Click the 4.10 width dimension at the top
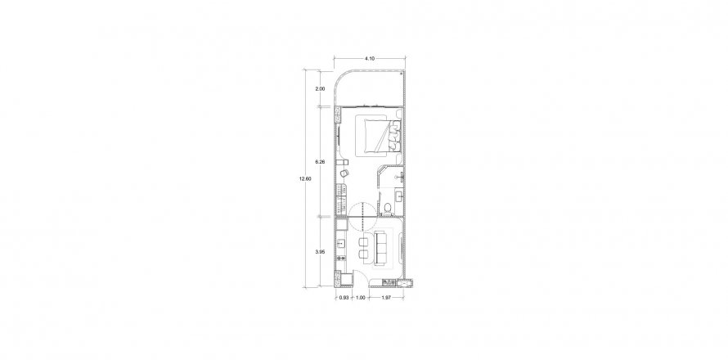pyautogui.click(x=370, y=59)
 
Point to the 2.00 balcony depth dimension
pyautogui.click(x=320, y=88)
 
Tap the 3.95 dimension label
pyautogui.click(x=320, y=252)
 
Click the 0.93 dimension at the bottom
pyautogui.click(x=344, y=298)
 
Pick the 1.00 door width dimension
pyautogui.click(x=360, y=298)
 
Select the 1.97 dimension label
pyautogui.click(x=386, y=298)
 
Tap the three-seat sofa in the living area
pyautogui.click(x=382, y=247)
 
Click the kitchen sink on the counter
pyautogui.click(x=340, y=242)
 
